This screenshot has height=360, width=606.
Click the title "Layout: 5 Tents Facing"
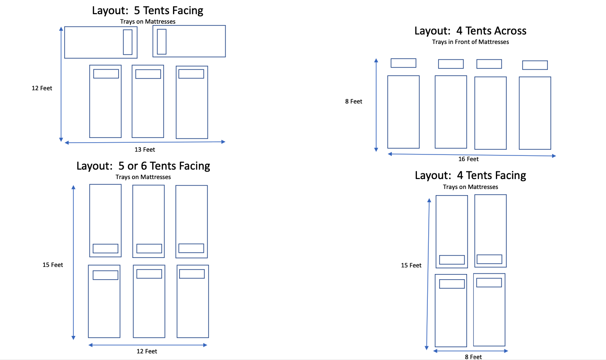click(148, 10)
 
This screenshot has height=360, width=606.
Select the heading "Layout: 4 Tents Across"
click(470, 31)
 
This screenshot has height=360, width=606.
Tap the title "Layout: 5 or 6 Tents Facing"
click(143, 166)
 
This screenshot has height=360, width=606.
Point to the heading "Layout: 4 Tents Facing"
click(470, 175)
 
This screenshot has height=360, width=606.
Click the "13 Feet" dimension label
click(145, 150)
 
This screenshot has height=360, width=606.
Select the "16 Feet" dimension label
click(468, 159)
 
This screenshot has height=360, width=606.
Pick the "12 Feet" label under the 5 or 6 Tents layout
click(147, 351)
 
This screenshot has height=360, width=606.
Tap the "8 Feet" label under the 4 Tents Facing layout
click(473, 357)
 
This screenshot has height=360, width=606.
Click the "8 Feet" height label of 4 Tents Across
click(354, 102)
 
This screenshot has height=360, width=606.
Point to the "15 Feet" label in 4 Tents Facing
click(411, 266)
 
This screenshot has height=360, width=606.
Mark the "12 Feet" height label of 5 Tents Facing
click(42, 88)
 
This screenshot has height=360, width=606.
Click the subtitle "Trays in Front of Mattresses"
click(470, 42)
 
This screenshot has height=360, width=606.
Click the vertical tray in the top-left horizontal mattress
click(128, 42)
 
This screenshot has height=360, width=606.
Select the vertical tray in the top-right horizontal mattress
click(162, 42)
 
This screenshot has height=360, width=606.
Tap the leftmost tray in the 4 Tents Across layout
click(403, 63)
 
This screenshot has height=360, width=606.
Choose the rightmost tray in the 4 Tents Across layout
click(535, 65)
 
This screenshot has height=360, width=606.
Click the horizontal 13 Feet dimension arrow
click(145, 142)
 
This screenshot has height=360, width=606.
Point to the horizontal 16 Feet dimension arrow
click(471, 154)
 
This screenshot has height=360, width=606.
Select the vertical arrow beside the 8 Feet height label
click(376, 105)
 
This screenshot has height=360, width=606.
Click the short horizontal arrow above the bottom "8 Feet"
click(471, 351)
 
